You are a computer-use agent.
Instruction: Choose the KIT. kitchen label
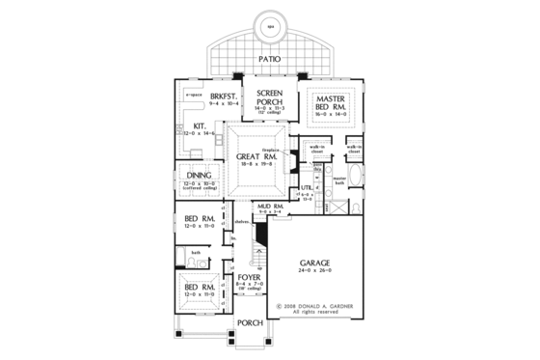(201, 126)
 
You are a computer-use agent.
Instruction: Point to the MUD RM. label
(269, 207)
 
